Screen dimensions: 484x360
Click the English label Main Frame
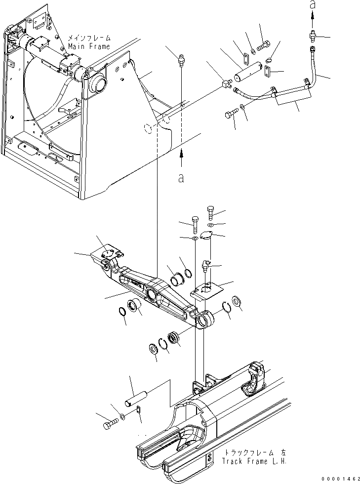pos(89,46)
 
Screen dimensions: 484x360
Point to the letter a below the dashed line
pos(181,179)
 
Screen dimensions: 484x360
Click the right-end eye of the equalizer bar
pos(204,321)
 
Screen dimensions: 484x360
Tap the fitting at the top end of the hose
pos(312,36)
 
